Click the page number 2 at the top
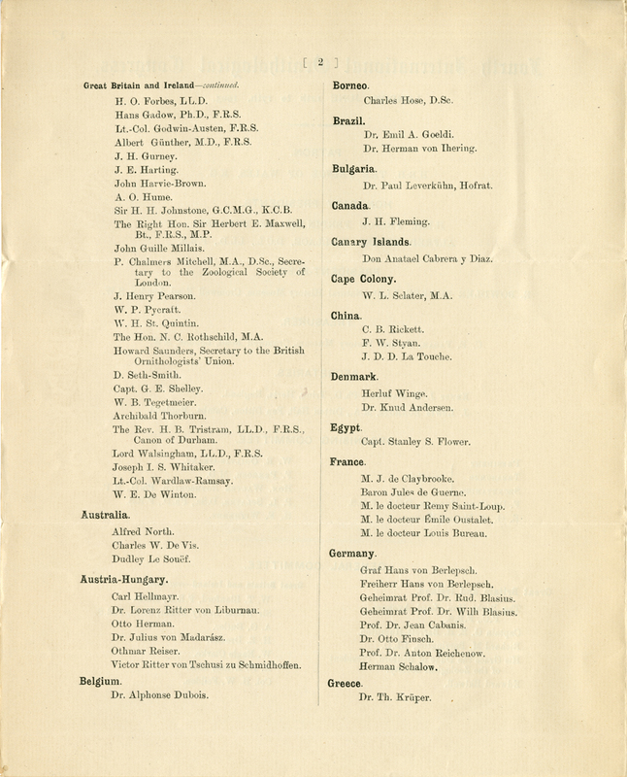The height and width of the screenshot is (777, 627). click(320, 64)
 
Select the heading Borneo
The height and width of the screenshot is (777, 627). click(353, 86)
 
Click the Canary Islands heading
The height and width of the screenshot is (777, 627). click(374, 242)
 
